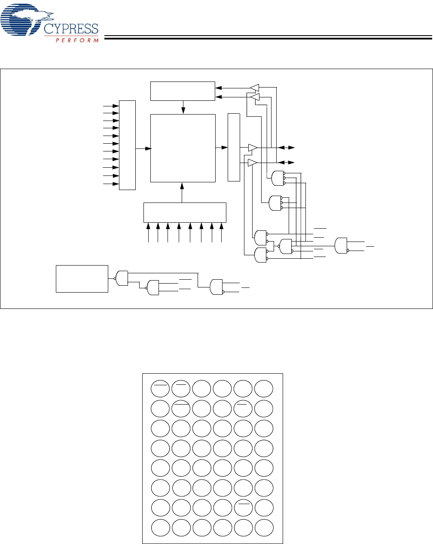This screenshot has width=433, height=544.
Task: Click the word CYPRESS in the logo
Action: [x=71, y=29]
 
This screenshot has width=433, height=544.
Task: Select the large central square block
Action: [x=183, y=148]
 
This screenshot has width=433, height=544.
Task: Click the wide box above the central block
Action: [x=183, y=91]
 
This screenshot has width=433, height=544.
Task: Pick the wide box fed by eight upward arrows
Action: [x=184, y=212]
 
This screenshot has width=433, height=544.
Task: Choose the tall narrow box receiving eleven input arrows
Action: [x=127, y=145]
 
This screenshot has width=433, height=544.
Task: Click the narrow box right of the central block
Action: [x=234, y=147]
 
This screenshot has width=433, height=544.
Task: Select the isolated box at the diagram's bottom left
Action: [x=82, y=279]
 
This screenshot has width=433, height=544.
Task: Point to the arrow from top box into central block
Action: [x=183, y=108]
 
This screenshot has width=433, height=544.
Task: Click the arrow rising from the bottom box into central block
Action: [x=182, y=192]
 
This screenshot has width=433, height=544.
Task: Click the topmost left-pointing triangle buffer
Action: [x=254, y=88]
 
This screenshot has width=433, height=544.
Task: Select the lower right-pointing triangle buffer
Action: [x=253, y=163]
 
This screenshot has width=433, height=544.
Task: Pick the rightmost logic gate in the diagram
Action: [x=342, y=245]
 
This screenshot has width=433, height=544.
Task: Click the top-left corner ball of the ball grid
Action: [x=160, y=389]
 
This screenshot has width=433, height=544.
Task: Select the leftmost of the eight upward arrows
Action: [x=149, y=232]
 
